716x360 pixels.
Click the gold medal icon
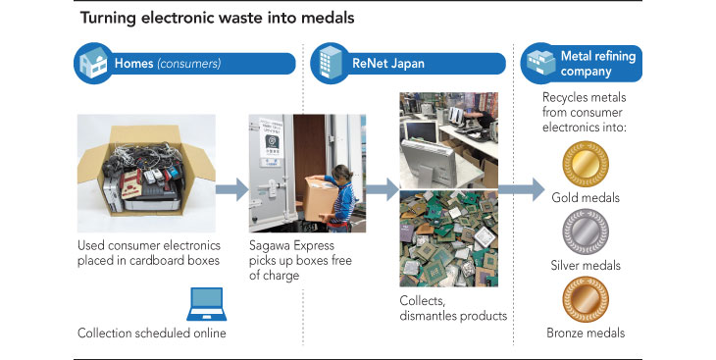(x=586, y=164)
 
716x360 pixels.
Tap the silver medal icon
(x=586, y=231)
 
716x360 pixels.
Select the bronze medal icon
(x=586, y=299)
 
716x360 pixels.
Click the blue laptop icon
(x=206, y=304)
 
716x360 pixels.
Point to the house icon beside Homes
(x=93, y=63)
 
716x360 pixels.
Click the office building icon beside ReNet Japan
(x=331, y=63)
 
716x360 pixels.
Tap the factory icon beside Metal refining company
(x=540, y=63)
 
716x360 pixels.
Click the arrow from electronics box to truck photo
(x=232, y=188)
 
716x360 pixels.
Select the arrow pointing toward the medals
(x=522, y=188)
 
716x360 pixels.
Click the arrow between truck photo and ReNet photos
(x=383, y=188)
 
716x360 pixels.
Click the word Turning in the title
(x=108, y=19)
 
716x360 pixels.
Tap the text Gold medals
(x=586, y=198)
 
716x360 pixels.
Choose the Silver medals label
(x=586, y=266)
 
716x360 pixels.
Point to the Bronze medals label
(x=586, y=333)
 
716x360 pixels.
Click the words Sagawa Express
(x=291, y=246)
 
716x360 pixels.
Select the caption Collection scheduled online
(x=152, y=334)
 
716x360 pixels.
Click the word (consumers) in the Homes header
(x=189, y=63)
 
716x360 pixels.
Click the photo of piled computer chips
(x=449, y=238)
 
